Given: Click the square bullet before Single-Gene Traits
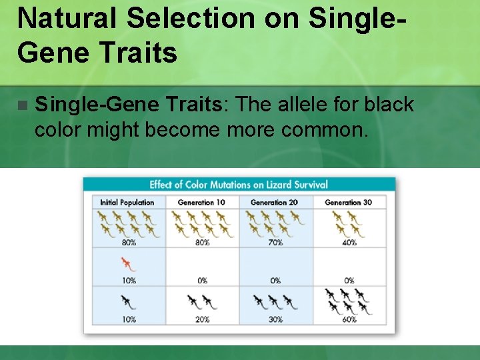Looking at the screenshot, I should (x=23, y=105).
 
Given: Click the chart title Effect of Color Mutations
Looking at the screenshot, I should (x=238, y=185).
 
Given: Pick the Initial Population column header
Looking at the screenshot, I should (x=127, y=202).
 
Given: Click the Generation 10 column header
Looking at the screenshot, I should (x=201, y=202).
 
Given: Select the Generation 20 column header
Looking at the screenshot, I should (x=275, y=202).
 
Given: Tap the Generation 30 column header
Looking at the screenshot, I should (x=348, y=202).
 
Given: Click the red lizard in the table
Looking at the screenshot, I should (x=127, y=263).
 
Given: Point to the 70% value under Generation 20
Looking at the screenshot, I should (x=275, y=243).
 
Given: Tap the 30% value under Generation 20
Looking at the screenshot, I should (x=275, y=319).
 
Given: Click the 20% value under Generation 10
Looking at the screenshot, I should (x=201, y=319).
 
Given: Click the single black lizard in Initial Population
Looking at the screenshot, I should (x=127, y=302).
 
